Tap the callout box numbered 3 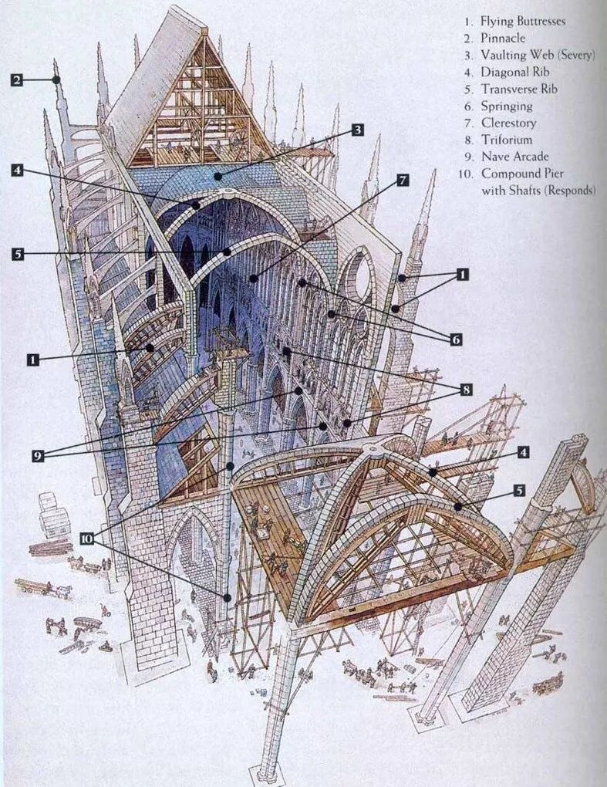[x=357, y=130]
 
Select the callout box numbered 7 [x=402, y=181]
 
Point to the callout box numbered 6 [x=456, y=339]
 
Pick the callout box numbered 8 [x=466, y=390]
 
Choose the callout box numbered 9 [x=39, y=456]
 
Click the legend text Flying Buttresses [x=522, y=21]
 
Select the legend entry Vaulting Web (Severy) [x=538, y=55]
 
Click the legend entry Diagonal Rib [x=516, y=72]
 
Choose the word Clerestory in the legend [x=508, y=123]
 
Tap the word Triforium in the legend [x=506, y=140]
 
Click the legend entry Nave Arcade [x=514, y=157]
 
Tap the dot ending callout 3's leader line [x=218, y=177]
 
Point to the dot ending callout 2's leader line [x=56, y=79]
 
